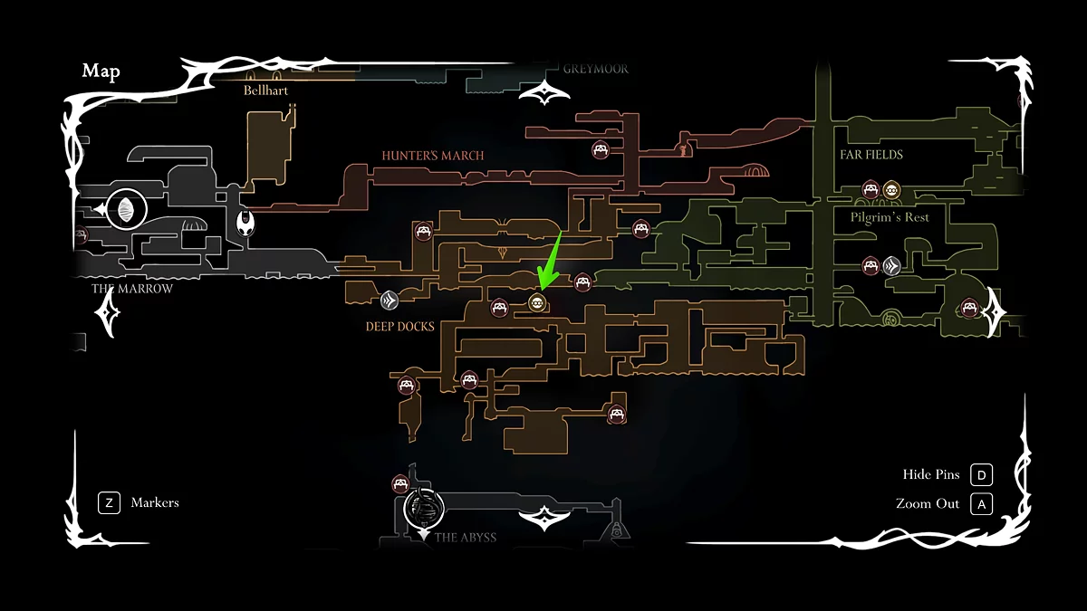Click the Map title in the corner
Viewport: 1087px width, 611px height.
pos(101,72)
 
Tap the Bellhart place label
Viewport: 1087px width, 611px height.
pos(265,91)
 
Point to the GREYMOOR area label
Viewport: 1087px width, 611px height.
pos(595,69)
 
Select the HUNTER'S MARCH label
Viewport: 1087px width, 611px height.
pos(432,156)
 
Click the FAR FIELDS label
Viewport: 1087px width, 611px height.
pos(871,155)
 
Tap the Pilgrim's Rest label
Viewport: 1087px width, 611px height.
pos(890,217)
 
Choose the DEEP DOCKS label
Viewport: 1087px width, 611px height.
pos(399,326)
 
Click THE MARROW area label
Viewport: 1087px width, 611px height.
pos(132,289)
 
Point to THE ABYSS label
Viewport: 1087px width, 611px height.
pos(465,537)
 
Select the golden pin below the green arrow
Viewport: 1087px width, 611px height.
pos(536,302)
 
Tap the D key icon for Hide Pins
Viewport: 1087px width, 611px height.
pos(981,475)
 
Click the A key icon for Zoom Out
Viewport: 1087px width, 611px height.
pos(981,503)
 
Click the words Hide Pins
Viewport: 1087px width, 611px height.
pos(930,475)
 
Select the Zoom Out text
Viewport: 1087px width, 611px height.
pos(927,503)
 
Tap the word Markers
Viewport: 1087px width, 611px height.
pos(155,502)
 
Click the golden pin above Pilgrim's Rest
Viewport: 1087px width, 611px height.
pos(891,189)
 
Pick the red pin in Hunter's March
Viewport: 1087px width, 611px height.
pos(600,149)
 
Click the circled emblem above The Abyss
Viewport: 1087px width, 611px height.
pos(423,509)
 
